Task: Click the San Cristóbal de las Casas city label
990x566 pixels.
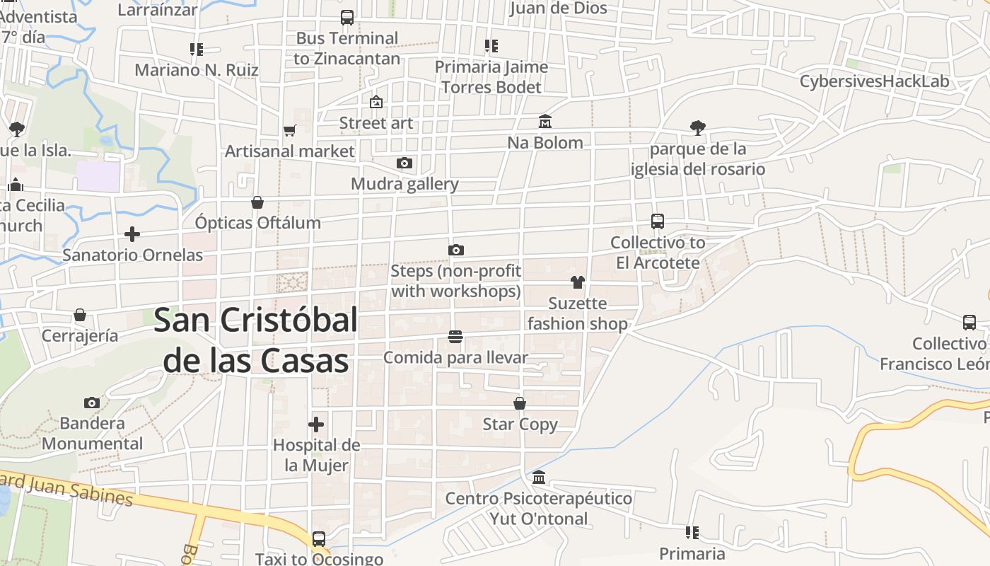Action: tap(255, 340)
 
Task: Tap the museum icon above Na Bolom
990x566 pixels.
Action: tap(544, 122)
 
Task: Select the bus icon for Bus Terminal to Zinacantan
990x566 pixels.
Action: tap(346, 18)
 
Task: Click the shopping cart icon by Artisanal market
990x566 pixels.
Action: tap(289, 130)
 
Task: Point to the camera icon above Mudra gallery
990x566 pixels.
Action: tap(404, 163)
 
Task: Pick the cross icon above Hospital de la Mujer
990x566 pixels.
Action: tap(316, 424)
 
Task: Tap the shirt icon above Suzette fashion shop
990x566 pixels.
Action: tap(577, 282)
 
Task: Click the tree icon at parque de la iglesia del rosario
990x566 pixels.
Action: tap(697, 128)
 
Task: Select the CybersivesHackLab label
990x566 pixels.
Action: tap(874, 81)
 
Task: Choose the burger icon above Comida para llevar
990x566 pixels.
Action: tap(455, 337)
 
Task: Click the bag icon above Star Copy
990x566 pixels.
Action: tap(520, 403)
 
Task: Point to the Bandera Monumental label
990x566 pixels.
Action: tap(92, 434)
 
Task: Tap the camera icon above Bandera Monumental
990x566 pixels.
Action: tap(91, 403)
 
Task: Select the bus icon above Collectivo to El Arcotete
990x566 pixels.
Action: tap(658, 221)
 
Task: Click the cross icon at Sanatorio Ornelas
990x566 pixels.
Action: tap(132, 234)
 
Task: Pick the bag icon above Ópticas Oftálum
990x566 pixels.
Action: tap(257, 202)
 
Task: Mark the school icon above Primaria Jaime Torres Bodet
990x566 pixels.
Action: tap(491, 46)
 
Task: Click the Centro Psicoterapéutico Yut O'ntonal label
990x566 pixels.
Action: tap(538, 509)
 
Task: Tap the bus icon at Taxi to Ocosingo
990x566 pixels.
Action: tap(318, 539)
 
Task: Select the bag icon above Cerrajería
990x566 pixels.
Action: tap(80, 314)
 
